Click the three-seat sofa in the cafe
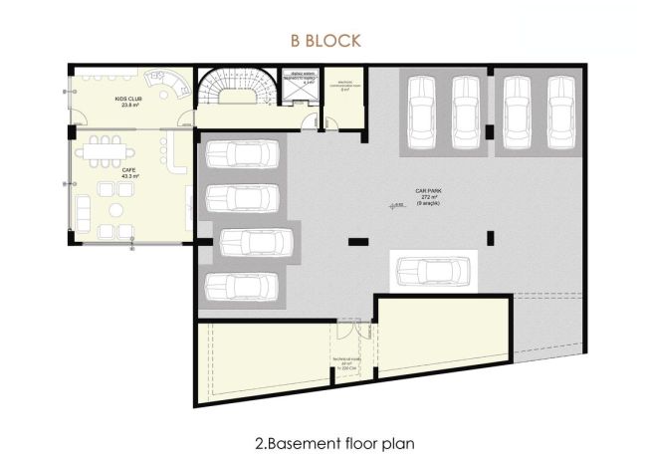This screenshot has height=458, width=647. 83,209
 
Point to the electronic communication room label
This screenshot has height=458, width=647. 346,85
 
